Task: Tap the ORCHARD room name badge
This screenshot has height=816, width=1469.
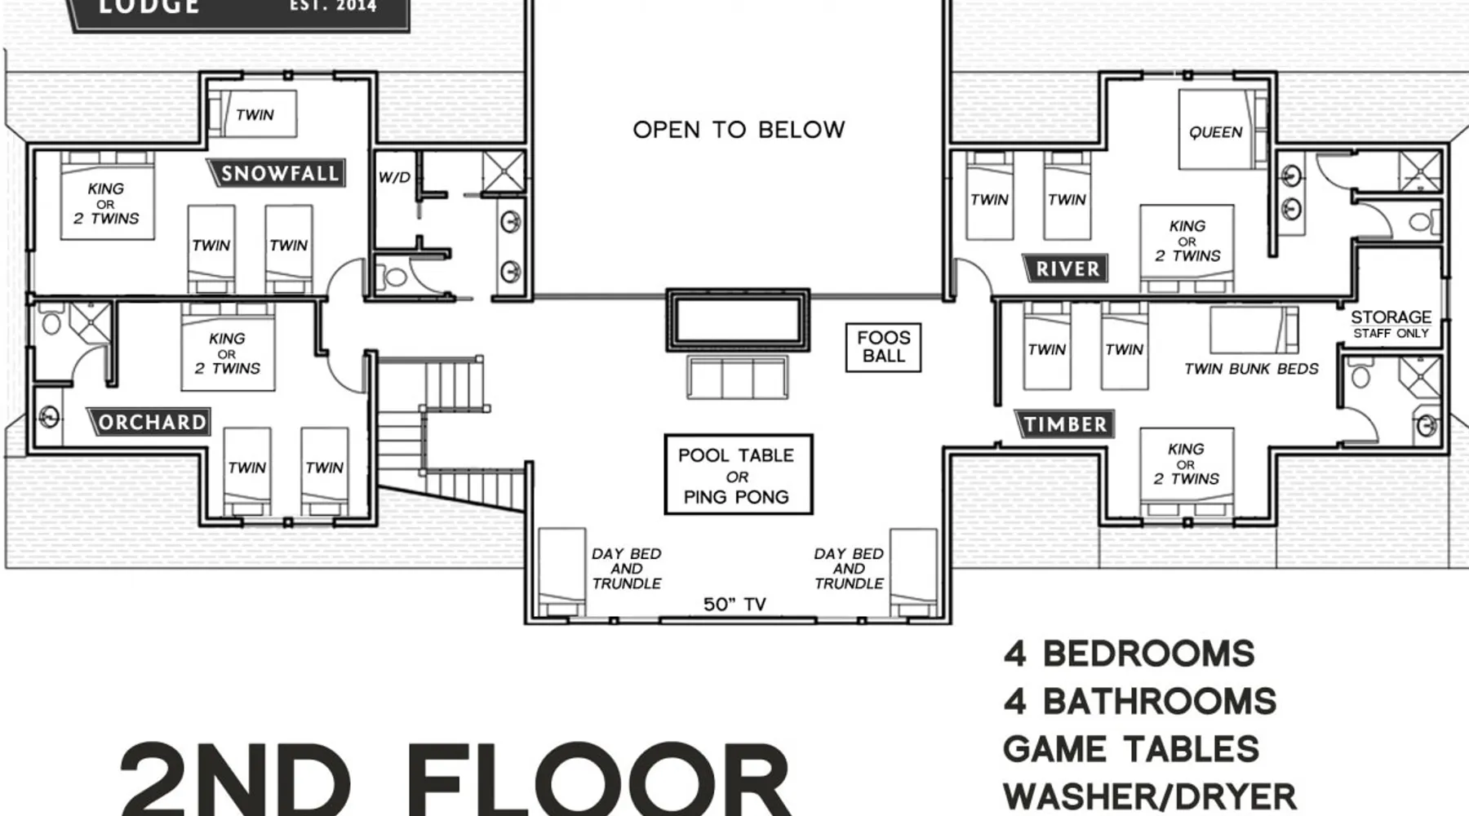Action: point(149,422)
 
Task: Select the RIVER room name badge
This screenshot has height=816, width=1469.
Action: point(1065,268)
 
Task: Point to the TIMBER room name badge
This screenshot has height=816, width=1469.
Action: point(1063,424)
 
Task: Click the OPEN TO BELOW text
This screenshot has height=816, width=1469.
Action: point(739,130)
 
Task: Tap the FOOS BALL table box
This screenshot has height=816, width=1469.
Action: point(883,347)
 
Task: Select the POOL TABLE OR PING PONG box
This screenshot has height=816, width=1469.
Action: point(738,474)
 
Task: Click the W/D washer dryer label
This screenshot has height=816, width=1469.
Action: point(394,177)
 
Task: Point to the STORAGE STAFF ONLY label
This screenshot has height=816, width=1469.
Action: point(1391,323)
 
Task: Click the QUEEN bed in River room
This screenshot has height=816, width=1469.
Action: point(1215,131)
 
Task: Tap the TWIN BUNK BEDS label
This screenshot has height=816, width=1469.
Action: point(1251,369)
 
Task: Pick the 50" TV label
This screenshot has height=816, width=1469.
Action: point(734,604)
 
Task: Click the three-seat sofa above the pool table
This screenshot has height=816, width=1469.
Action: point(738,377)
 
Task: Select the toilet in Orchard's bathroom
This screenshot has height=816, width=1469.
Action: point(51,321)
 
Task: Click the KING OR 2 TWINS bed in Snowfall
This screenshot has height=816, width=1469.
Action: point(107,196)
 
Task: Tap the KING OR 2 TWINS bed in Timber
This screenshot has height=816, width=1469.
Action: point(1187,472)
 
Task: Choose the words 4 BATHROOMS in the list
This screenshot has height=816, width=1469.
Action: point(1140,702)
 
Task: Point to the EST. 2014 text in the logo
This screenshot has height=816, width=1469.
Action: point(333,6)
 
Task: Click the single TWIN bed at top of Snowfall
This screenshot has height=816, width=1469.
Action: point(252,114)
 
